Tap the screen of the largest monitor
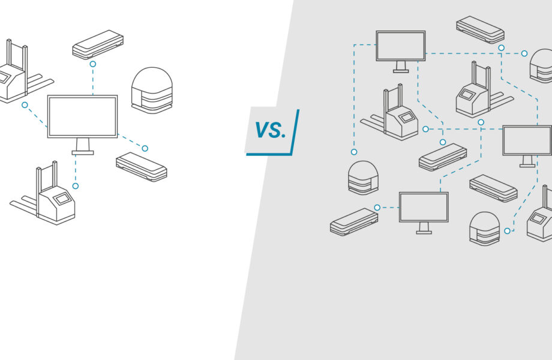point(82,116)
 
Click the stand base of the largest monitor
point(82,152)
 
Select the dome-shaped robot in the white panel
point(151,90)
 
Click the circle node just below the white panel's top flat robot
point(92,64)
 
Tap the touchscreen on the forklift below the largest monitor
point(61,198)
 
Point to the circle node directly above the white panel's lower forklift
point(75,186)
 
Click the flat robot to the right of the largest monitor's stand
point(141,167)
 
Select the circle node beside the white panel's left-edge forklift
point(25,105)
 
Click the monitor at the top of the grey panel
point(400,46)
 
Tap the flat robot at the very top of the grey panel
point(479,29)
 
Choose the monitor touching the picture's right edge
point(527,140)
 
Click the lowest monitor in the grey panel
point(424,207)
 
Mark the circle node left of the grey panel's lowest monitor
point(377,208)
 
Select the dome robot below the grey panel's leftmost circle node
point(363,178)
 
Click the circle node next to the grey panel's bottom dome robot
point(507,230)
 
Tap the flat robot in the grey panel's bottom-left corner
point(353,221)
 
